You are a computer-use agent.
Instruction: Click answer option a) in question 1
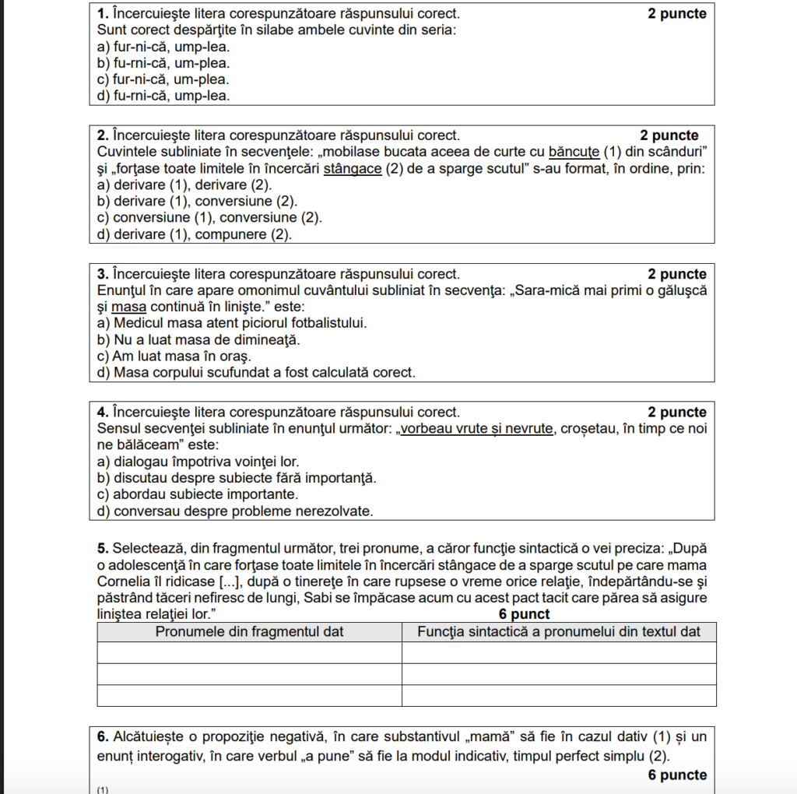[163, 47]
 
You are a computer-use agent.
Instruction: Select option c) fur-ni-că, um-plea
[163, 79]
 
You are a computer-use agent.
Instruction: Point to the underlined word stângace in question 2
[353, 168]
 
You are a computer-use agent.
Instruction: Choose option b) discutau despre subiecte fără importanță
[237, 478]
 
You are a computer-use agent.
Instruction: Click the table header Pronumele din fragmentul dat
[249, 631]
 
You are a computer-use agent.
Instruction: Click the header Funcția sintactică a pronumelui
[559, 631]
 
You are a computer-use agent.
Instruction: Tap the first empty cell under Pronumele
[249, 652]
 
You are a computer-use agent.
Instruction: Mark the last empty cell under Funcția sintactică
[559, 695]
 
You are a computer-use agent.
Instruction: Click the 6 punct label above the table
[524, 614]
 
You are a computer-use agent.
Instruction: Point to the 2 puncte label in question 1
[676, 14]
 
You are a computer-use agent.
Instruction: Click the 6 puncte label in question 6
[676, 775]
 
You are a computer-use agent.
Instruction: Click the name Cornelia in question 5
[126, 581]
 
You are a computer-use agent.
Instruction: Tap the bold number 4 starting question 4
[101, 412]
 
